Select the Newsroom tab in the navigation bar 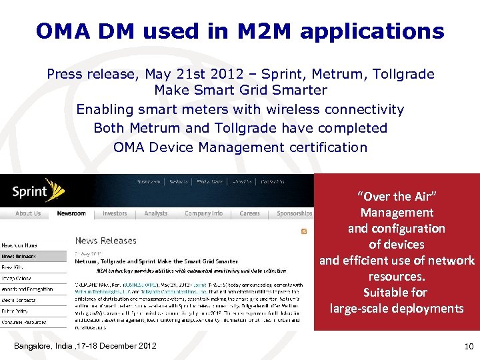(x=71, y=214)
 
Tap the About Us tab (x=27, y=214)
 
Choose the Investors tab (x=115, y=214)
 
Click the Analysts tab (x=156, y=214)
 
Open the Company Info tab (x=203, y=214)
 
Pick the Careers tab (x=249, y=214)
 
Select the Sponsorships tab (x=294, y=214)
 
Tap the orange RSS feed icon (x=304, y=231)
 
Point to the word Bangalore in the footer (x=34, y=345)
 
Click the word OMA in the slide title (x=61, y=31)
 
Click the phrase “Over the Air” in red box (x=397, y=197)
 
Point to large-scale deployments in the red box (x=397, y=308)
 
